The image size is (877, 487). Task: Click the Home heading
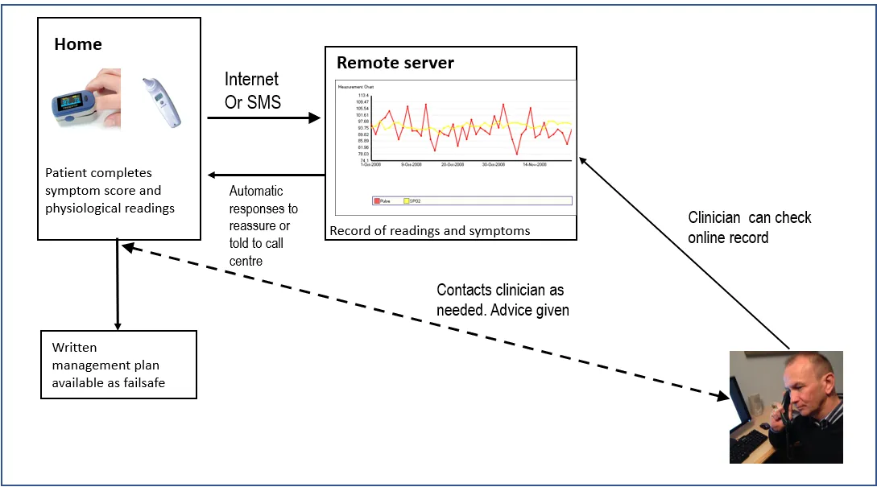click(x=78, y=44)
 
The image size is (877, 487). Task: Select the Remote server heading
click(x=395, y=63)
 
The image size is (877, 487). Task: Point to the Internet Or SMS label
click(x=251, y=90)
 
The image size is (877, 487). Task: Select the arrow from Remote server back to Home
click(x=266, y=175)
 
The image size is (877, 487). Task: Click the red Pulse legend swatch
click(x=376, y=200)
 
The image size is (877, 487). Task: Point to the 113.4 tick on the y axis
click(x=362, y=95)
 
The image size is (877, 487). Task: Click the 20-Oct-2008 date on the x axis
click(x=453, y=164)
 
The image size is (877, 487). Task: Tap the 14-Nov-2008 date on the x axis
click(x=535, y=164)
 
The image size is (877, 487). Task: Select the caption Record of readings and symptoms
click(x=429, y=231)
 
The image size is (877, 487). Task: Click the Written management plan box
click(x=118, y=364)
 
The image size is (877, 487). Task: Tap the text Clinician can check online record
click(x=749, y=227)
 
